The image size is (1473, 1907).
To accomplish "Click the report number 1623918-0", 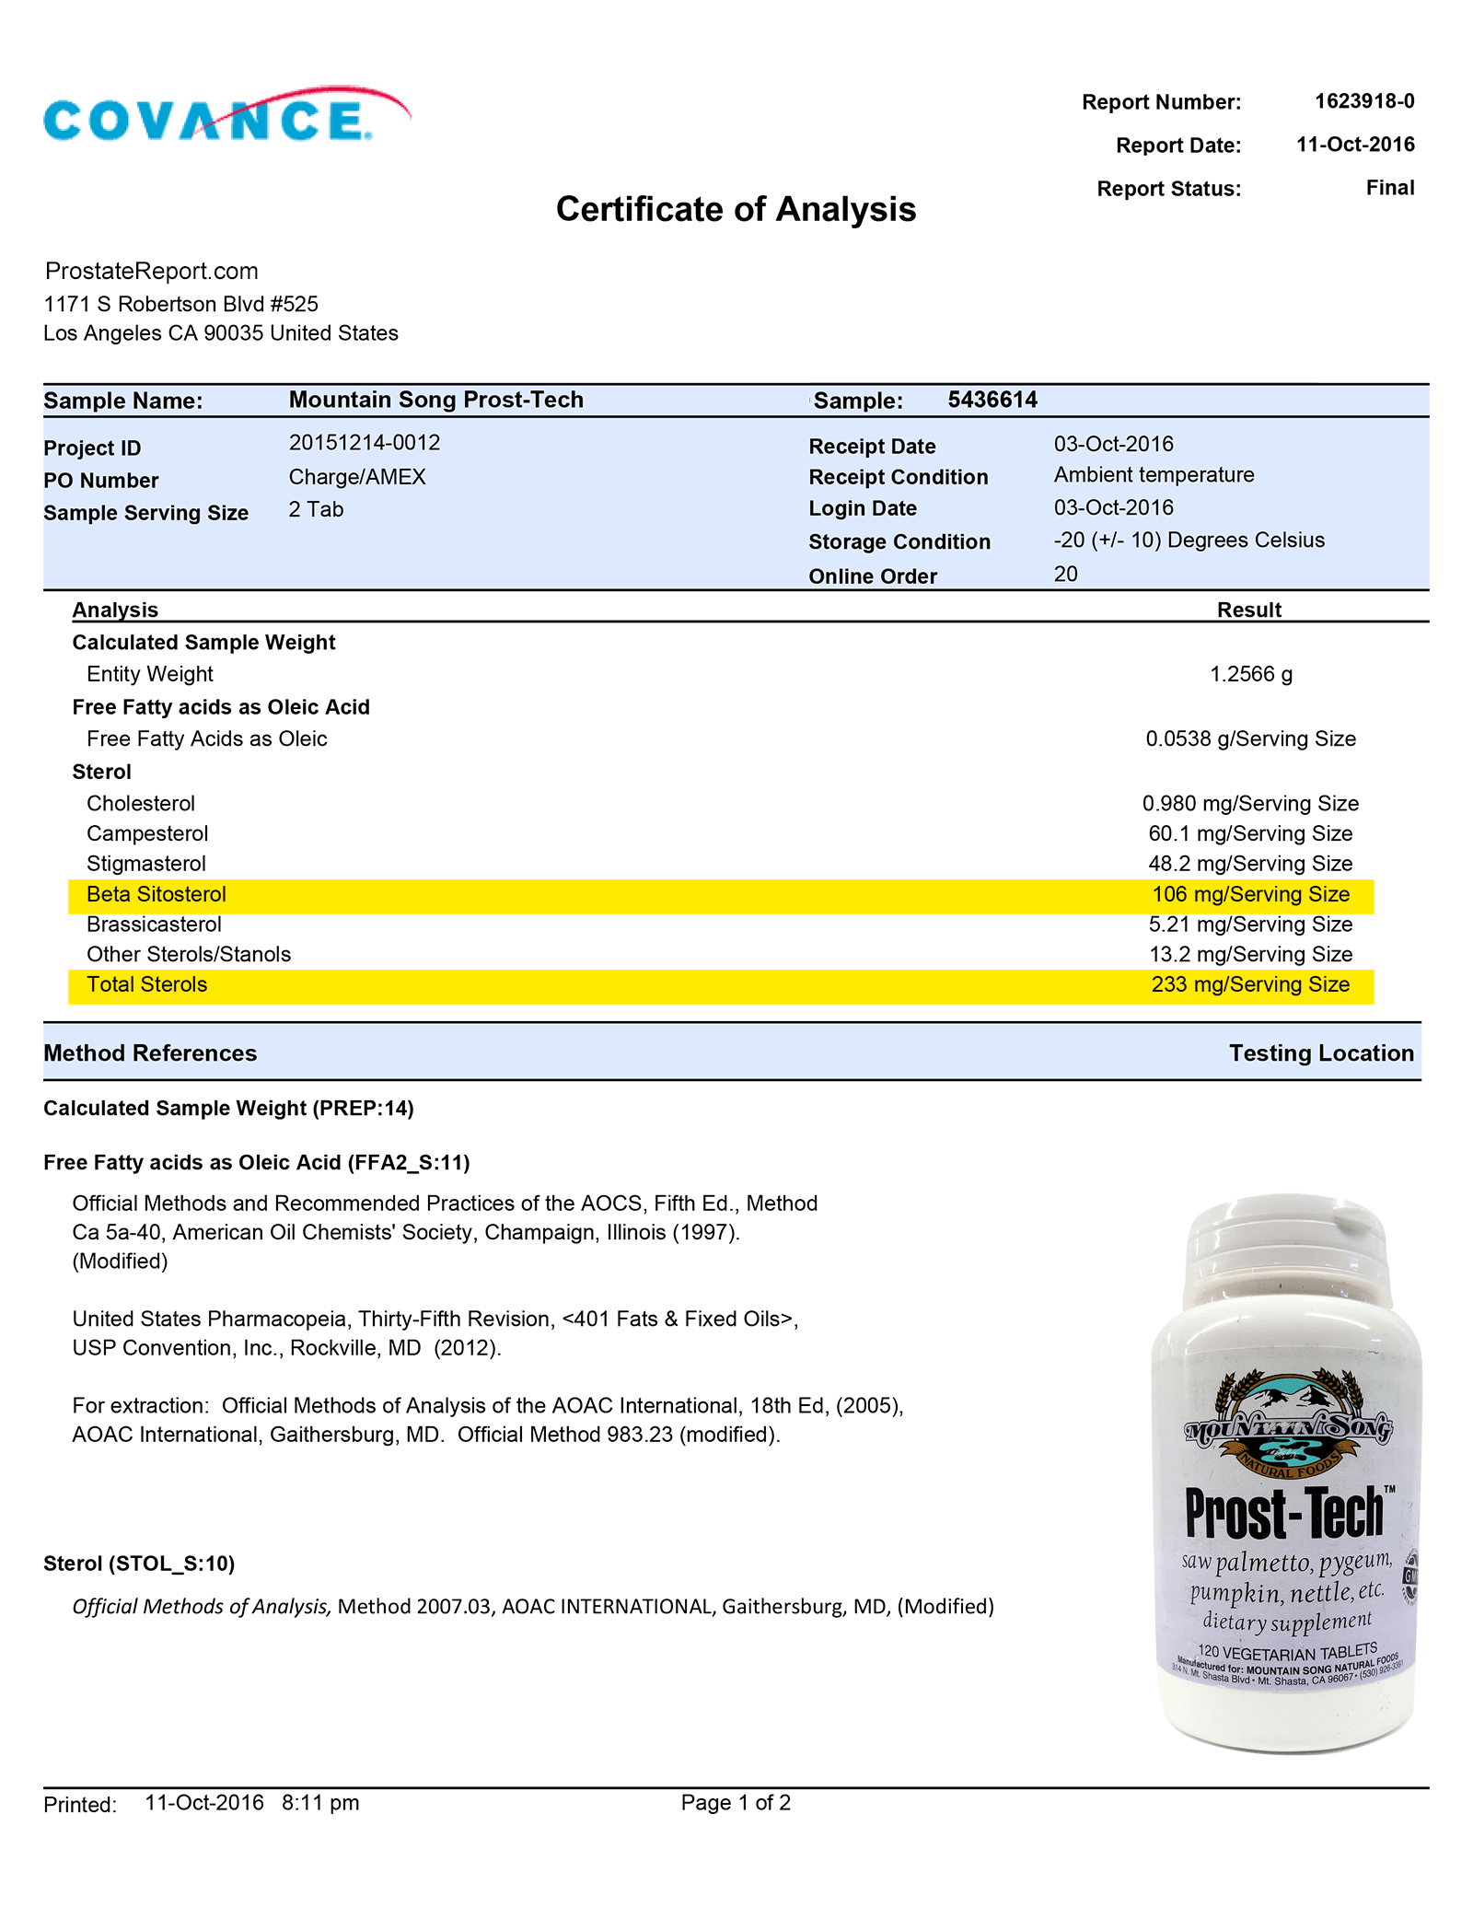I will coord(1363,101).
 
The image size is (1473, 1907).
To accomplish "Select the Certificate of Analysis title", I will coord(736,210).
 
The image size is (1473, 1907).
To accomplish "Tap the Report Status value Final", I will coord(1389,188).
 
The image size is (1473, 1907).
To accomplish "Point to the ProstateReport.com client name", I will coord(152,271).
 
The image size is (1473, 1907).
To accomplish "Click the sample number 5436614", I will coord(992,400).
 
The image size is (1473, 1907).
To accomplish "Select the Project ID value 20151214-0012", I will coord(365,443).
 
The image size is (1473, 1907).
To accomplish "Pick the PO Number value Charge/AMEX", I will coord(357,477).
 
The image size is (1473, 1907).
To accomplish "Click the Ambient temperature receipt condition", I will coord(1154,475).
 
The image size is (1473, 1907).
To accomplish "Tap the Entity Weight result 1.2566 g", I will coord(1250,674).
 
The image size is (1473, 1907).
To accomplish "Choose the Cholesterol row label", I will coord(141,804).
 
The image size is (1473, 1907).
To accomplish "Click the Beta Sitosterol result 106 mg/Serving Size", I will coord(1250,895).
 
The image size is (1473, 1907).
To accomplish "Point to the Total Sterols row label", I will coord(147,985).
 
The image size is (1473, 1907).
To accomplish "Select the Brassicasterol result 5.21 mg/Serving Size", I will coord(1250,924).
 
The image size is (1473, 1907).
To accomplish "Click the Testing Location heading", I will coord(1320,1053).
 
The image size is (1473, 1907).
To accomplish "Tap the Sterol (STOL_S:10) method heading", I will coord(139,1564).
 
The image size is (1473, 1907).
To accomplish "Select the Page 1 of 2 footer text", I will coord(736,1803).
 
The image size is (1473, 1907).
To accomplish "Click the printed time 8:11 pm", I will coord(320,1803).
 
